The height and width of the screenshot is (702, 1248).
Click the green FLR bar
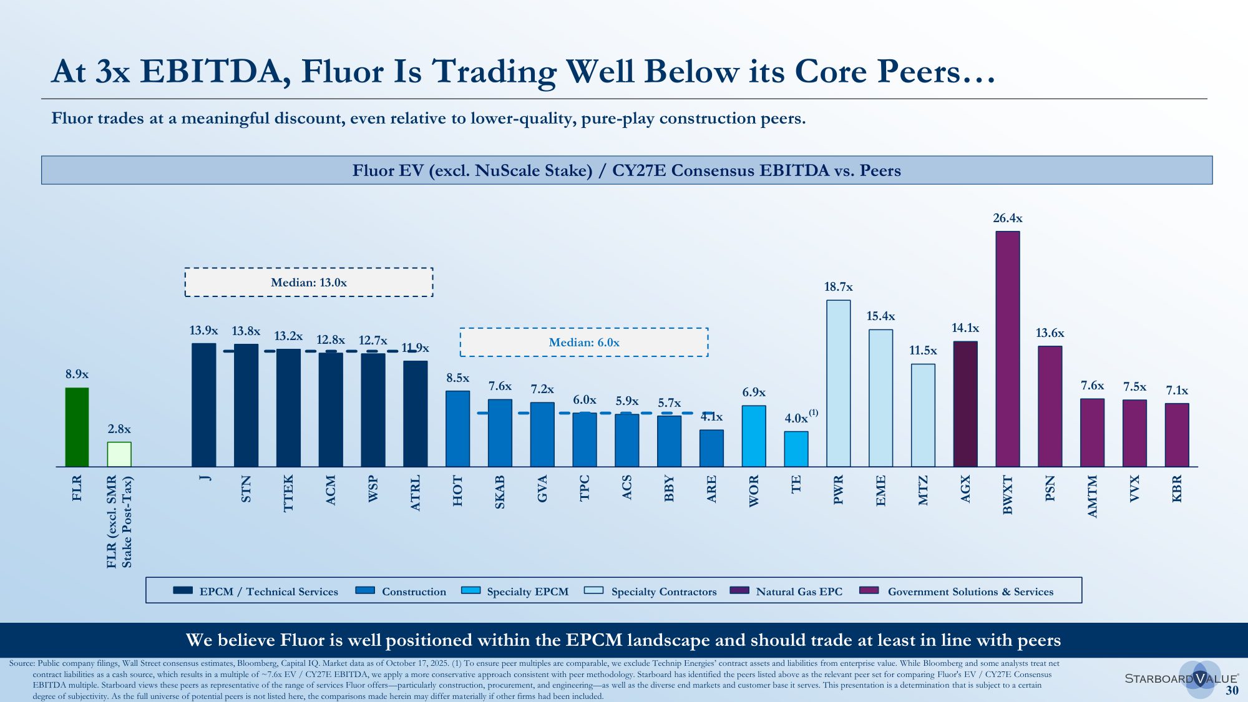pos(77,427)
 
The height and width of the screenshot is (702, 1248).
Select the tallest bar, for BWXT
pos(1007,349)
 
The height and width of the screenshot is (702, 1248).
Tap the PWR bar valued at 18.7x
pos(838,383)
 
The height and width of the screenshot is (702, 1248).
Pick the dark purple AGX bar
pos(965,404)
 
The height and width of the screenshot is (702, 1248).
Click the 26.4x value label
pos(1007,218)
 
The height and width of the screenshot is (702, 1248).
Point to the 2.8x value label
pos(119,429)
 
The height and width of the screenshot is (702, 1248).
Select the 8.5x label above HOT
pos(457,378)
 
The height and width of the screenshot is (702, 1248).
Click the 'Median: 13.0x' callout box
pos(308,282)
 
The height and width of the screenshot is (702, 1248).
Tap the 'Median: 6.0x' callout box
pos(583,342)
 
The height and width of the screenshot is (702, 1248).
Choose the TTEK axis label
pos(288,493)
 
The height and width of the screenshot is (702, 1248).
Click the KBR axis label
pos(1177,488)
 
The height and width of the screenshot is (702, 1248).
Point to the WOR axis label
pos(754,490)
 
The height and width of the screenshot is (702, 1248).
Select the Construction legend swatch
pos(365,590)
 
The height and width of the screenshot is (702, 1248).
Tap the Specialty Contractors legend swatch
pos(593,590)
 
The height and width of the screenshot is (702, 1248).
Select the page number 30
pos(1232,690)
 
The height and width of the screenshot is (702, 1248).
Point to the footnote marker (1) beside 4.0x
pos(813,413)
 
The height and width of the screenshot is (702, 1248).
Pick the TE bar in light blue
pos(796,449)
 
